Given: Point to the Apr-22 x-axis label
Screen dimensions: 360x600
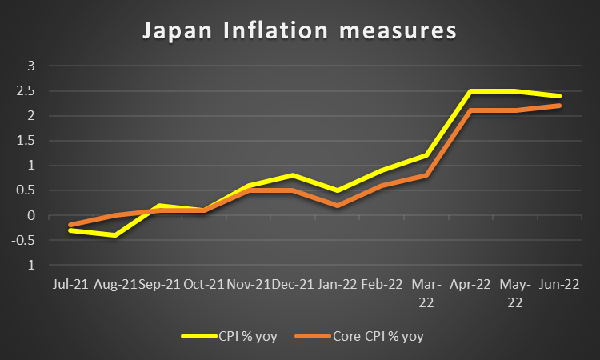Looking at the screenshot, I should [x=470, y=285].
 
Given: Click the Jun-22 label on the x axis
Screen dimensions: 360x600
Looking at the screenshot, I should [x=559, y=285].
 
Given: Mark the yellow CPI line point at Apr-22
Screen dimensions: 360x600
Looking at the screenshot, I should [x=470, y=91].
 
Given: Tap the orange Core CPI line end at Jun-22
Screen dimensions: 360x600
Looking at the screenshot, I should [x=559, y=106].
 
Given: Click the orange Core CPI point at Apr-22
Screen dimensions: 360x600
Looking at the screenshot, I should [x=470, y=110].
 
